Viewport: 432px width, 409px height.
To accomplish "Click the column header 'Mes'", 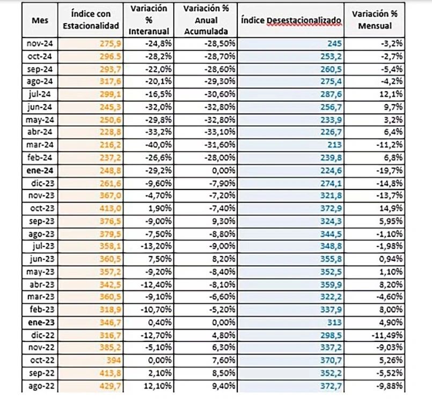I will coord(39,20).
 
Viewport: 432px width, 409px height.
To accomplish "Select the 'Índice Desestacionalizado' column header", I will coord(291,20).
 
